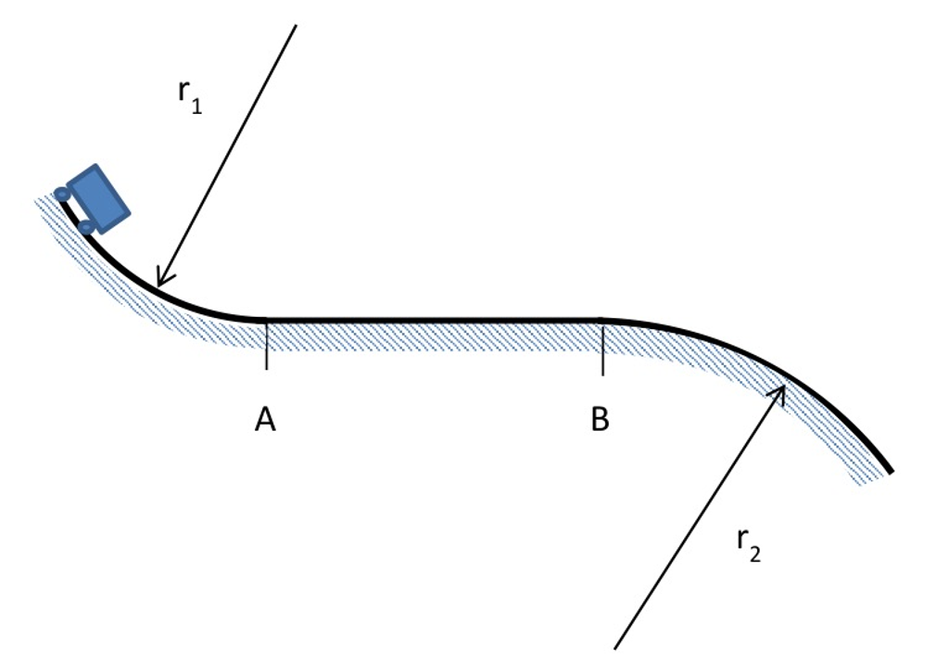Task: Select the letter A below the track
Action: click(x=265, y=421)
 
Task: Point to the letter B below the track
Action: click(x=601, y=421)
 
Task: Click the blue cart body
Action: click(x=98, y=197)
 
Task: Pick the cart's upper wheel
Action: click(x=62, y=194)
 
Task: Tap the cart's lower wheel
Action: click(x=86, y=226)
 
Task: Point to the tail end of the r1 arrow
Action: click(x=296, y=26)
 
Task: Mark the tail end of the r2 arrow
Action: click(x=615, y=647)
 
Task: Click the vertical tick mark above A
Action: click(x=266, y=346)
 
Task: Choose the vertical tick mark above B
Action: click(x=602, y=349)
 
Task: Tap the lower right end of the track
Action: click(x=890, y=471)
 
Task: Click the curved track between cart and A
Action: click(x=185, y=299)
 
